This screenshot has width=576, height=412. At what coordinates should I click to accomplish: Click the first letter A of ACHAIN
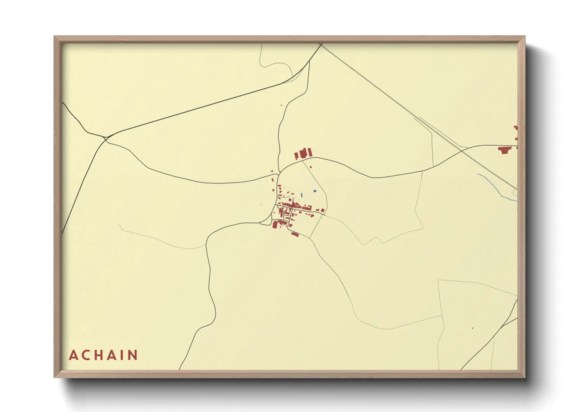point(73,355)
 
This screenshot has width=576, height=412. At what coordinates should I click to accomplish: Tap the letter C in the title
point(87,355)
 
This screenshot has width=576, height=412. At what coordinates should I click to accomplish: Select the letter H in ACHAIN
point(101,355)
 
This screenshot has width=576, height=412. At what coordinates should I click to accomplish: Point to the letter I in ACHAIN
point(123,355)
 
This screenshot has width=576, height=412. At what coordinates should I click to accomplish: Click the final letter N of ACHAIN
point(133,355)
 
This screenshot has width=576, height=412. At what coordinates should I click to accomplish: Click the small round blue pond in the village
point(314,191)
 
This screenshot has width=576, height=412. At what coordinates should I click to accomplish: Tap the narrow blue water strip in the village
point(302,194)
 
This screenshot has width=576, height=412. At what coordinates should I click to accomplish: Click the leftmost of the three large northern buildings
point(296,156)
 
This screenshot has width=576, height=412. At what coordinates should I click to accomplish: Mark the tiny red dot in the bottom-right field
point(472,328)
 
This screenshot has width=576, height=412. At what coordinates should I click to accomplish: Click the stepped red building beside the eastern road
point(505,150)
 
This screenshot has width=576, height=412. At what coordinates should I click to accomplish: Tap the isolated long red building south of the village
point(295,234)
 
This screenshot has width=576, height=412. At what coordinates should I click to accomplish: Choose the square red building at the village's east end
point(323,211)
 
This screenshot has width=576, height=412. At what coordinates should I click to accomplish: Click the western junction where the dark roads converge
point(105,138)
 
